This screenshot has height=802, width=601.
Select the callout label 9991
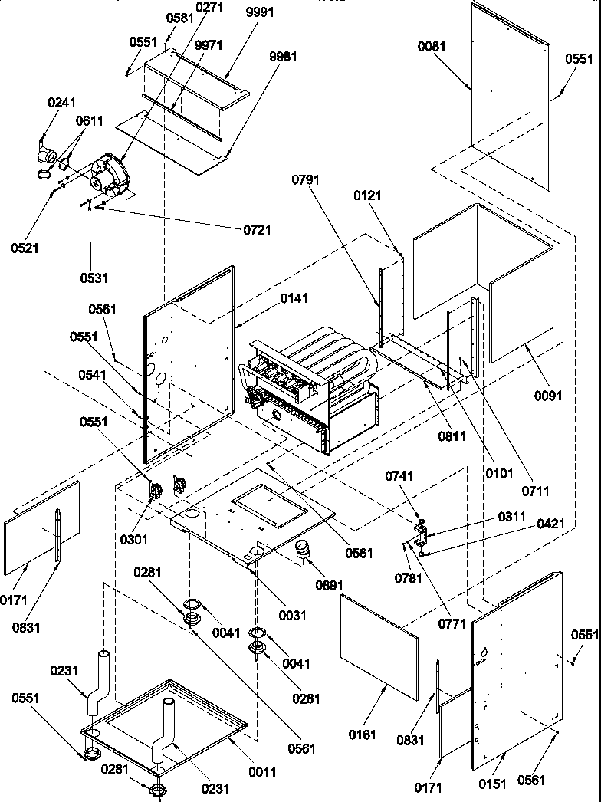coord(261,12)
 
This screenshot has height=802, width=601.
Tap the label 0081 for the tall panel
coord(431,47)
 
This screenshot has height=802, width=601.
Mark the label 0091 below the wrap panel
coord(549,396)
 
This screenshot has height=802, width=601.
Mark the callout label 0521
coord(25,248)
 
